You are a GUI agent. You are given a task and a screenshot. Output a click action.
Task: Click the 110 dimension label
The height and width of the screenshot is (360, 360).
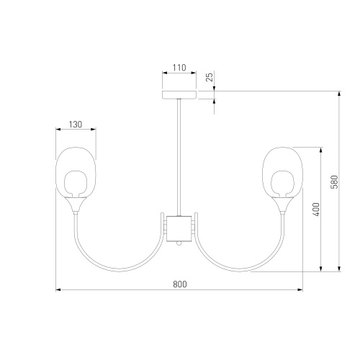[179, 68]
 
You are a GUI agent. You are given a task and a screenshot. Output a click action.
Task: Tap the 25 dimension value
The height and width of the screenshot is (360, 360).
[210, 77]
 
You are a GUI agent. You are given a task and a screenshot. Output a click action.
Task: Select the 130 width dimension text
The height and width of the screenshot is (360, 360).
[76, 125]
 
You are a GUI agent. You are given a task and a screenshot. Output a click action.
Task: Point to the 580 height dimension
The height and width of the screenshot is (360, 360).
[334, 181]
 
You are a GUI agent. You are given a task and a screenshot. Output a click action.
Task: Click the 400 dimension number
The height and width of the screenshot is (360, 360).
[317, 210]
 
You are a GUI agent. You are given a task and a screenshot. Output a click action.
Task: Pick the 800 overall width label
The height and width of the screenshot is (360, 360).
[180, 284]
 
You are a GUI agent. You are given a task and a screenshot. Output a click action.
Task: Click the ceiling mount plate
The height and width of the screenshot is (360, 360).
[179, 95]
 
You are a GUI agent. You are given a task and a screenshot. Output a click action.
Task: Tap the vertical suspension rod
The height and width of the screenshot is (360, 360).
[179, 158]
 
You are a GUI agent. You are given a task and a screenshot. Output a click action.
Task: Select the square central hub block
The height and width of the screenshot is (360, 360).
[179, 228]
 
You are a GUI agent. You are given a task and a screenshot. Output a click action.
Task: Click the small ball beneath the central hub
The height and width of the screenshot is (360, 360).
[179, 243]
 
